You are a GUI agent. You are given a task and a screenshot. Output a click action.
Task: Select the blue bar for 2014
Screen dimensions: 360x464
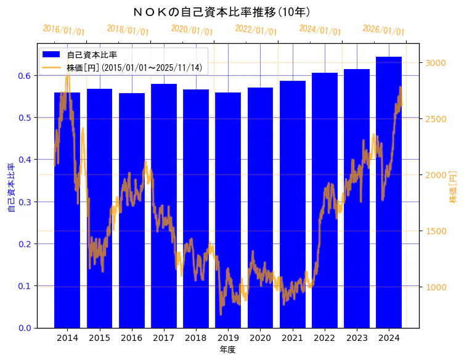(x=67, y=210)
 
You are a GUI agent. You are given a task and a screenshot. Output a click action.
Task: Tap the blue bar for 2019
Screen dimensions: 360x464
(x=228, y=210)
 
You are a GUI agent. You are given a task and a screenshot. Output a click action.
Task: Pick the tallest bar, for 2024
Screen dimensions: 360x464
(x=389, y=191)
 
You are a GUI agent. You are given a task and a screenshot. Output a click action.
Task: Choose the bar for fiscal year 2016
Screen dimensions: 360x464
(x=132, y=210)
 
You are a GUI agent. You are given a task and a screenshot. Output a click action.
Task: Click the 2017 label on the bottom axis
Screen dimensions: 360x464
(x=164, y=338)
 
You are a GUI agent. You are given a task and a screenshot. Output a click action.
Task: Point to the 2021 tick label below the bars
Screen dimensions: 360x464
(x=293, y=338)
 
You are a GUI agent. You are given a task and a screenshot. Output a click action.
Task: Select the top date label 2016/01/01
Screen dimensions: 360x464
(x=64, y=30)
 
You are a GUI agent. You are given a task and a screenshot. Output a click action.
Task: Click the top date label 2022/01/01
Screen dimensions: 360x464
(x=256, y=30)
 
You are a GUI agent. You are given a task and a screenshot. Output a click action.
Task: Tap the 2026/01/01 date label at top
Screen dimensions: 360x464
(x=384, y=30)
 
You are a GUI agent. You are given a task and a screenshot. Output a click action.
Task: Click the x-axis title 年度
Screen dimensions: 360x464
(x=227, y=350)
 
